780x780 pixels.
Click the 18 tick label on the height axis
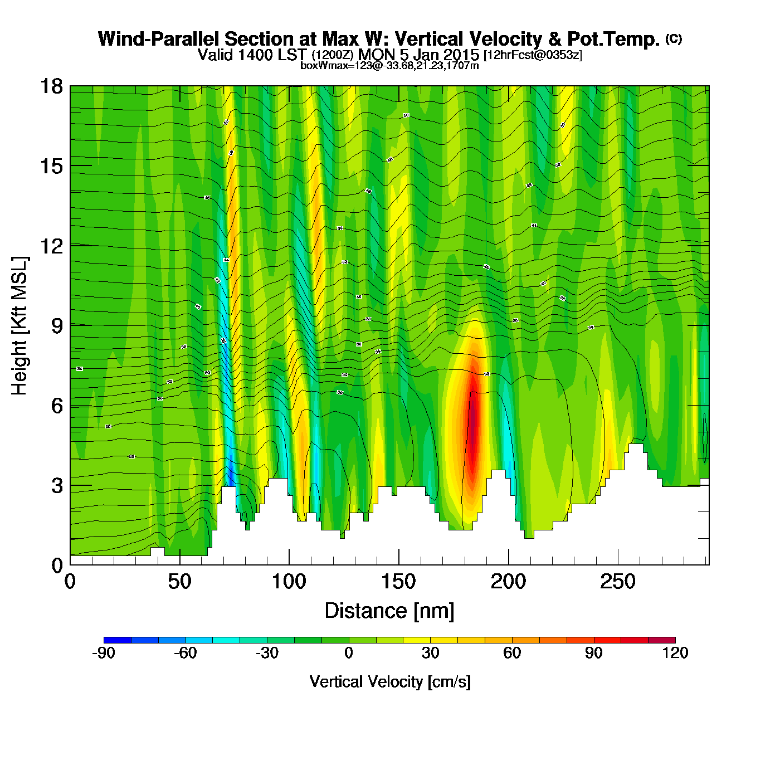tap(51, 86)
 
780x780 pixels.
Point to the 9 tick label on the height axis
tap(57, 326)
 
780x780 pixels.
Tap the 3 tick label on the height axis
tap(57, 486)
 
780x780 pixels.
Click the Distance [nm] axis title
tap(389, 611)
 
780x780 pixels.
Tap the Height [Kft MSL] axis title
tap(20, 326)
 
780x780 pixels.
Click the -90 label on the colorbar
tap(104, 653)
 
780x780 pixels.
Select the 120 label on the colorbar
tap(675, 653)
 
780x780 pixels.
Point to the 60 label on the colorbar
tap(512, 653)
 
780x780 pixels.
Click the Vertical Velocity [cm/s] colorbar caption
tap(390, 682)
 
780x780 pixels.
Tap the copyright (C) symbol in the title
tap(674, 38)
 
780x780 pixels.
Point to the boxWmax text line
tap(389, 66)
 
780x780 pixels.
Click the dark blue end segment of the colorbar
tap(118, 640)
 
